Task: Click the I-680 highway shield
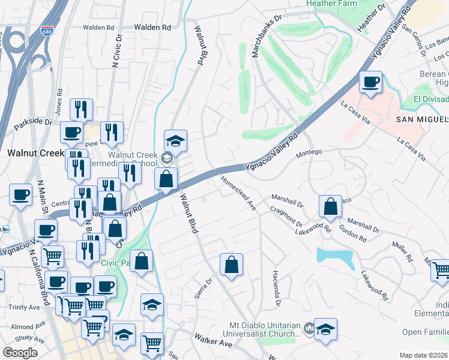click(x=46, y=31)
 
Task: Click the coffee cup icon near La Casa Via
click(x=370, y=82)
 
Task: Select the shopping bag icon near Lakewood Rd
click(x=330, y=206)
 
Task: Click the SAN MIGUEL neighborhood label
click(x=421, y=119)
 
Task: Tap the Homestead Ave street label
click(x=238, y=193)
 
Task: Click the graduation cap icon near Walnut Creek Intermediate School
click(x=175, y=141)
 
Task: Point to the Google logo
click(x=20, y=352)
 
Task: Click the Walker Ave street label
click(x=212, y=343)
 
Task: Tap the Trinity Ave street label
click(x=24, y=307)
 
